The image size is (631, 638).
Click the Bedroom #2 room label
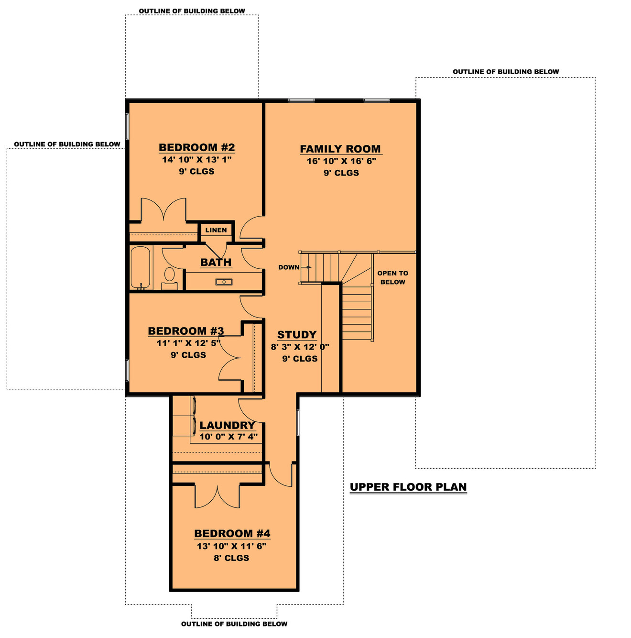coord(196,147)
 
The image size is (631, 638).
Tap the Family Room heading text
coord(340,149)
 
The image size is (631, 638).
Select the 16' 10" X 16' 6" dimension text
coord(341,161)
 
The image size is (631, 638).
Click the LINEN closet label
coord(216,230)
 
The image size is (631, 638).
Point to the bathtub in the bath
coord(141,267)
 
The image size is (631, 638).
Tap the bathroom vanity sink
coord(224,282)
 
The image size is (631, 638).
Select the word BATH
coord(216,262)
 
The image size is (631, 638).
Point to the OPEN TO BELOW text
coord(392,277)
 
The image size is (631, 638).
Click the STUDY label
coord(297,335)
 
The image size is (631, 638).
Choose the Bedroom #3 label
coord(186,331)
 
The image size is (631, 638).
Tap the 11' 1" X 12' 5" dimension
coord(188,343)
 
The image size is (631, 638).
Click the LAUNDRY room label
coord(227,425)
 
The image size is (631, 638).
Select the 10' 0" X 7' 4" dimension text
coord(228,437)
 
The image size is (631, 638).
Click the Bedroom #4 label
coord(232,533)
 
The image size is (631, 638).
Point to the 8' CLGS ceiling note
coord(231,558)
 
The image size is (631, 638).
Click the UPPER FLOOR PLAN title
coord(408,487)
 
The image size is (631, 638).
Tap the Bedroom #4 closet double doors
coord(217,497)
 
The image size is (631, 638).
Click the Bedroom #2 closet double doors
coord(163,210)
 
